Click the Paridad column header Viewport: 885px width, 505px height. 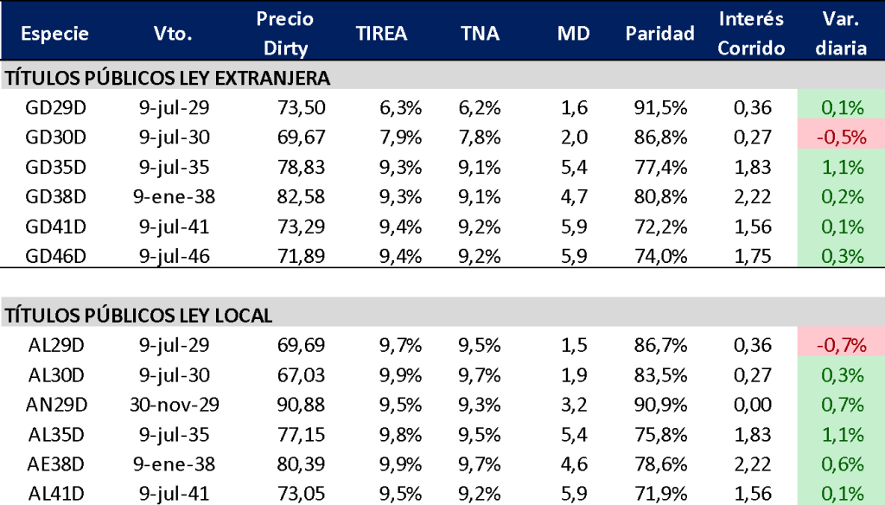(659, 34)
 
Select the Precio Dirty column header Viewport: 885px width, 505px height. (284, 34)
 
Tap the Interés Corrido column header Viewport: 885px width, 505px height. (751, 34)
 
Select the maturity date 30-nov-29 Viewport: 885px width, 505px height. (175, 405)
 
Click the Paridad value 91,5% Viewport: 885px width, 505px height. (661, 108)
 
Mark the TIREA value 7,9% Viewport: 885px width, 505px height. (400, 137)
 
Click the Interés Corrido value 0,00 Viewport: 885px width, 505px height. (751, 405)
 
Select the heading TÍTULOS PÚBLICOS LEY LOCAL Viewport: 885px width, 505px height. (139, 316)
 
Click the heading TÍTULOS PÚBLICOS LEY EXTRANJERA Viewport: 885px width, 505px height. (168, 78)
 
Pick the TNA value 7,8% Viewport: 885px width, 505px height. (480, 137)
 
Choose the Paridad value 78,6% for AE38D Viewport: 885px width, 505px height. (661, 463)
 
